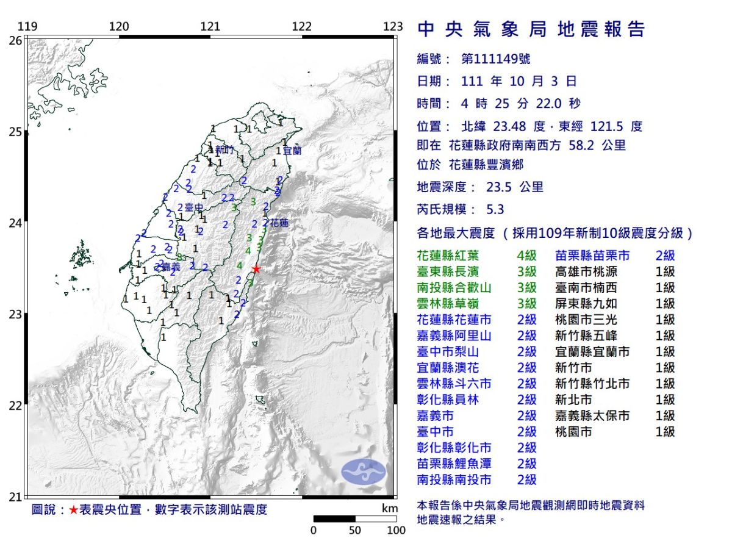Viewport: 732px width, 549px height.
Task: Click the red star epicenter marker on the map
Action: pos(256,269)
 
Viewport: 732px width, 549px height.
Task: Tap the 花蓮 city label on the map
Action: pos(279,223)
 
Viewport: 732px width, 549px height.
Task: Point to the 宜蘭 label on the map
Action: pos(292,150)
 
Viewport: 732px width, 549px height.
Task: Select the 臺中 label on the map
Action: pos(193,207)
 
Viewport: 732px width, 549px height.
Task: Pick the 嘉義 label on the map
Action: pos(171,267)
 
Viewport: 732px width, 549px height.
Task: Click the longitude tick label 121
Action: pos(210,26)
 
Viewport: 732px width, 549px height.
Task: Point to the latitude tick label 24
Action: pos(15,223)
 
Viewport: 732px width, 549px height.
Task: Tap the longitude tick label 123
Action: pos(393,26)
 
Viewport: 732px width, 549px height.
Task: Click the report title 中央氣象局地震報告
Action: pos(531,29)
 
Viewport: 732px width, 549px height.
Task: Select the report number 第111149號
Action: pos(496,59)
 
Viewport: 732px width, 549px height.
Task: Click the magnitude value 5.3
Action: pos(495,209)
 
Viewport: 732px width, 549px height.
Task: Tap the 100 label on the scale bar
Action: pos(396,530)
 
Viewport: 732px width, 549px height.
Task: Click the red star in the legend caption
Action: pos(73,510)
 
